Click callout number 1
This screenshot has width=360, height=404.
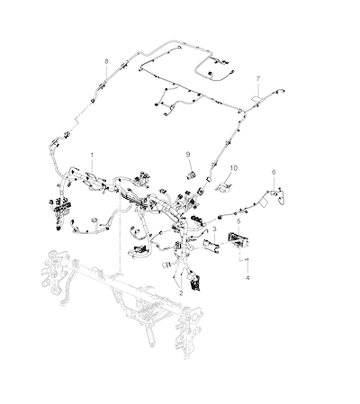[92, 156]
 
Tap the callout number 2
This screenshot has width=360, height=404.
[181, 292]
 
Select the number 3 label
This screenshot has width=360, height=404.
[214, 229]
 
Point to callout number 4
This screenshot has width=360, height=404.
[247, 278]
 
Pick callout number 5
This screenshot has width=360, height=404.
[238, 221]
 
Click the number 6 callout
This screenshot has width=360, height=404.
[274, 172]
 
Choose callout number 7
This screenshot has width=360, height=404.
[258, 79]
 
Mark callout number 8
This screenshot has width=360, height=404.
[106, 61]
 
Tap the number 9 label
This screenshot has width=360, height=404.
[188, 155]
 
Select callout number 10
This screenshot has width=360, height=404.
[234, 168]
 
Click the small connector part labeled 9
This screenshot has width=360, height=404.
[190, 175]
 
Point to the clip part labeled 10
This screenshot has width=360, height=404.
[223, 186]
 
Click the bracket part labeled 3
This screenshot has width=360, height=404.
[211, 245]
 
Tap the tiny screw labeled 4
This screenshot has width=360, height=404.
[247, 259]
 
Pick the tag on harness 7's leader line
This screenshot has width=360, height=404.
[256, 99]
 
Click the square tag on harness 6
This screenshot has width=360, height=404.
[263, 202]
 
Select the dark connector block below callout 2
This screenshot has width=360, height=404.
[194, 281]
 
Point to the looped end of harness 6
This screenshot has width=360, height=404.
[282, 197]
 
